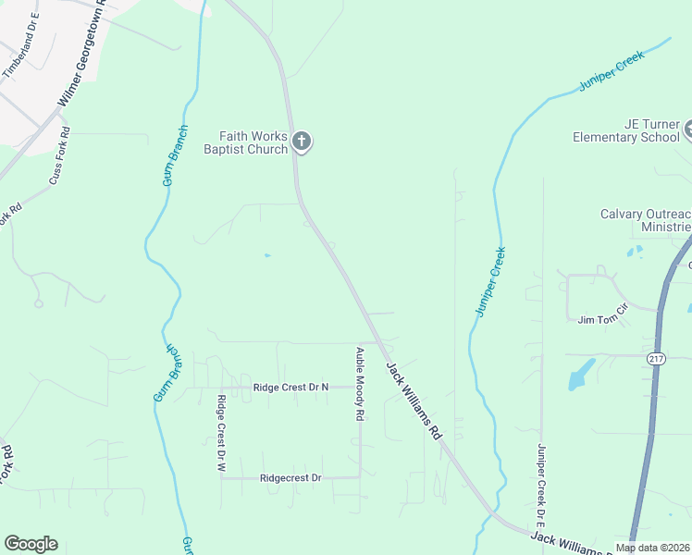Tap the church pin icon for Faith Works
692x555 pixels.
tap(301, 142)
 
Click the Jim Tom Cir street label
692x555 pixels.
tap(603, 319)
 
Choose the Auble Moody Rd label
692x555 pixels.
tap(359, 385)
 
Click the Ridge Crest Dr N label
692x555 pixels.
tap(290, 388)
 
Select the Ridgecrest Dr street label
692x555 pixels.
tap(290, 478)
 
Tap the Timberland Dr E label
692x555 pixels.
tap(24, 57)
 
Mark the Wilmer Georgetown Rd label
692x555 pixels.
tap(82, 64)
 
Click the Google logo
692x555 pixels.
tap(31, 543)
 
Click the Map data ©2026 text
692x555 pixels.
tap(652, 548)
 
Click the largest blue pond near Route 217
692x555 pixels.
tap(579, 374)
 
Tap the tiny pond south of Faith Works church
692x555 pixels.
tap(266, 255)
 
